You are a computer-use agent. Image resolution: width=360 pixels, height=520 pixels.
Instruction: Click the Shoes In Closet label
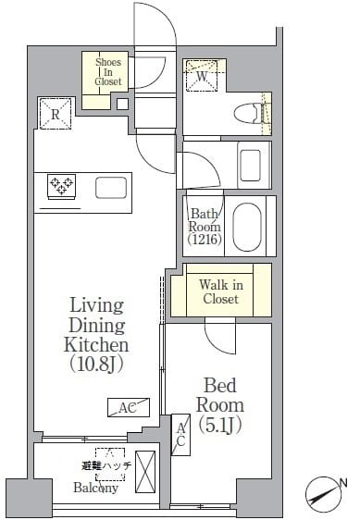pos(108,71)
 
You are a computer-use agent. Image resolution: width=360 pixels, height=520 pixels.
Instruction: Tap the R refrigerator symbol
pos(55,114)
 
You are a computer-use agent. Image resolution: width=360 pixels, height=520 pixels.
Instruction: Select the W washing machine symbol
pos(200,77)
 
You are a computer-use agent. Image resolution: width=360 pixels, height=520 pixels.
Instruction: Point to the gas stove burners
pos(62,186)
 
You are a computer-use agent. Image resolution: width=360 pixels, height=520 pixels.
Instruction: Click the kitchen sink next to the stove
pos(112,188)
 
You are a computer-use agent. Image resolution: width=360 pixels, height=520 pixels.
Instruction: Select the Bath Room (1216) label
pos(205,226)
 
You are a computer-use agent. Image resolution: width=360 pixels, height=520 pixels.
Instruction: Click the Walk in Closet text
pos(219,291)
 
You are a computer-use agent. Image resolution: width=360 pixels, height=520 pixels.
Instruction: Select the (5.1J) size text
pos(219,425)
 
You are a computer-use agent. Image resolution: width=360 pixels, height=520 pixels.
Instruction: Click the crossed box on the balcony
pos(146,471)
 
